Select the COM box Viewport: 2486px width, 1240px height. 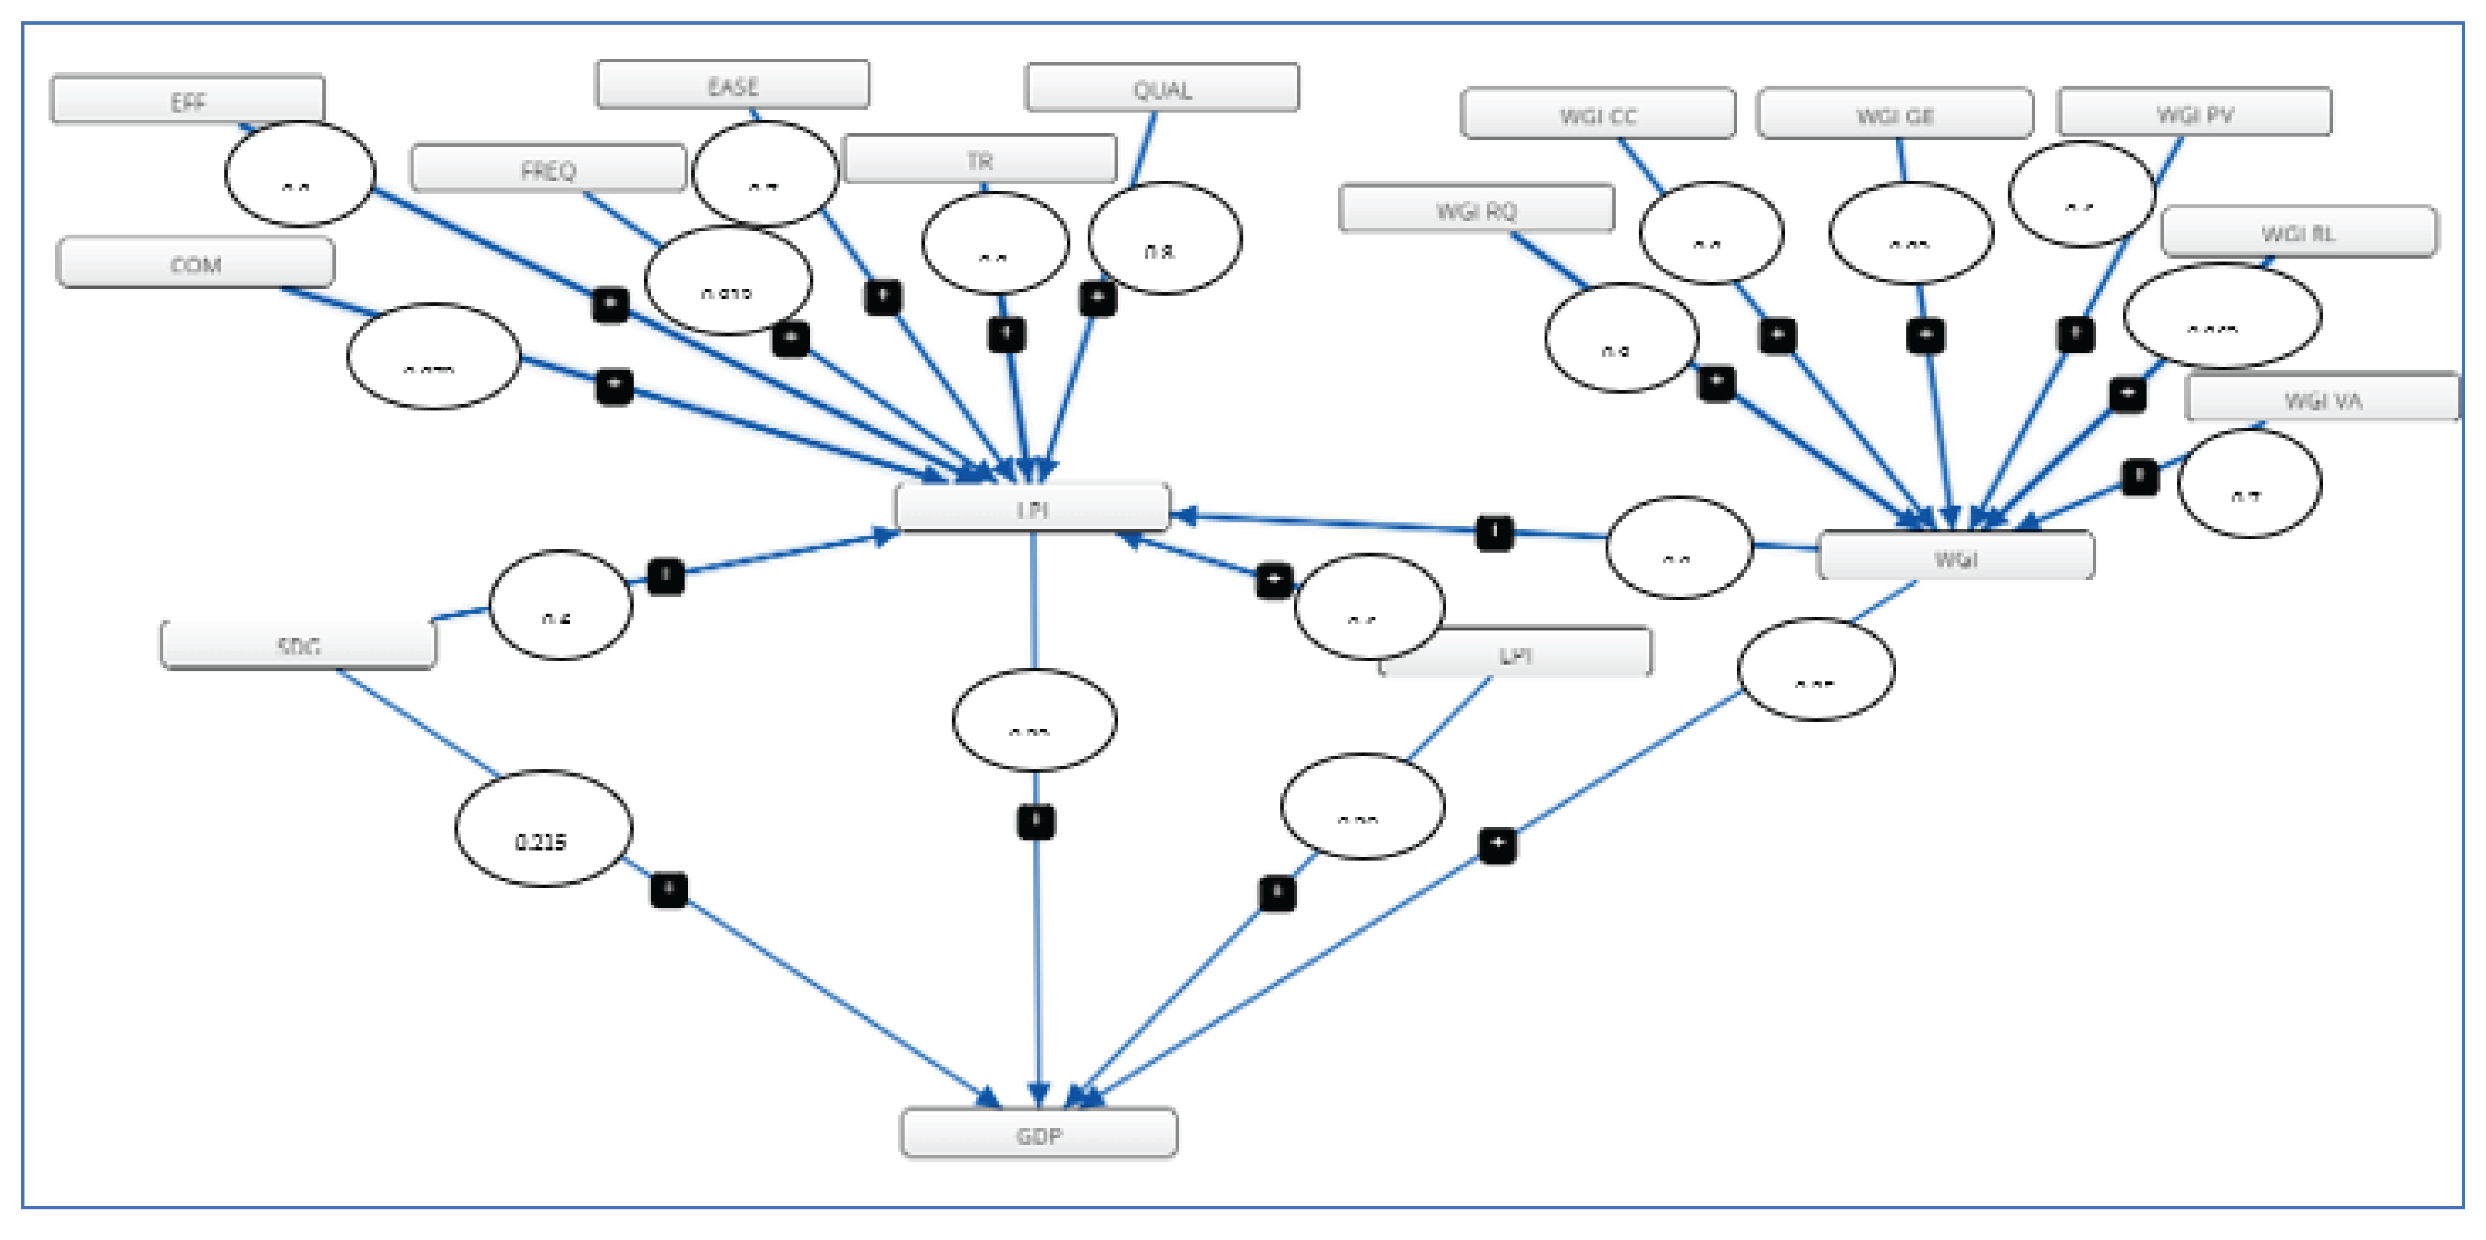196,264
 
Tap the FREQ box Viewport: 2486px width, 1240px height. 547,170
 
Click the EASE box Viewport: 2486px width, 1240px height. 732,86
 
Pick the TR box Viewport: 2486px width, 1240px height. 979,159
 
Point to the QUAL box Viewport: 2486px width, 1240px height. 1162,89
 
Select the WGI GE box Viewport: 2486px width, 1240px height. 1894,115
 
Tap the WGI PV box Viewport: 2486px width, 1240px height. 2194,114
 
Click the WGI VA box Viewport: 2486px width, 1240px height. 2322,398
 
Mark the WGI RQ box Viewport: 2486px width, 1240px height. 1476,209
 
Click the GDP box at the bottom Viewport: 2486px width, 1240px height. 1038,1134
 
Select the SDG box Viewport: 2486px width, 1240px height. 298,645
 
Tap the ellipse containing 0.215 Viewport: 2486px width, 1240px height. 542,828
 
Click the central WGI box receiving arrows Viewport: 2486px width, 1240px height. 1955,557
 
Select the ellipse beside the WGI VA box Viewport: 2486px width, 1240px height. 2249,484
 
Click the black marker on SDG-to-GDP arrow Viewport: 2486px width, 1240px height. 668,889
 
